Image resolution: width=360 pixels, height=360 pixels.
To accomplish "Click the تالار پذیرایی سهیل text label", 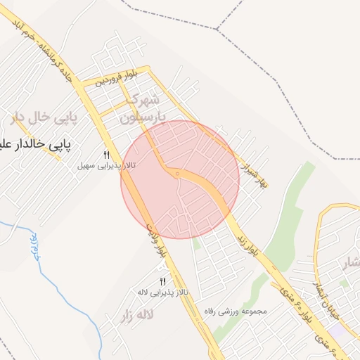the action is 107,166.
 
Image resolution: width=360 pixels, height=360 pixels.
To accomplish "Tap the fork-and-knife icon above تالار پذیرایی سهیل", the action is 107,155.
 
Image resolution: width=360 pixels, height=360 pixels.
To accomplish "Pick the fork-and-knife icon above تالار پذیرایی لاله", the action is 162,281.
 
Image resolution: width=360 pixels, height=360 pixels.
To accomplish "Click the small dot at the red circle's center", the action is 179,172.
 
